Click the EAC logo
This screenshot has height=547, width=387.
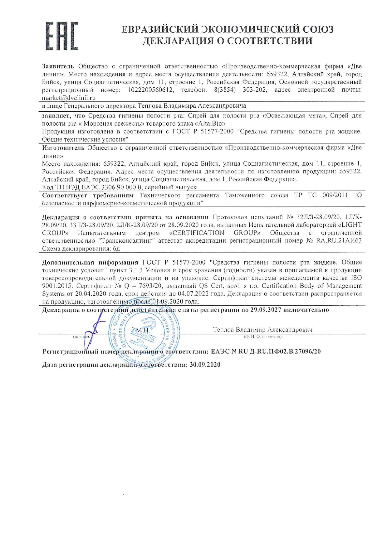pyautogui.click(x=61, y=36)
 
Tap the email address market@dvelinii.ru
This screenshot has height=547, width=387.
pyautogui.click(x=69, y=98)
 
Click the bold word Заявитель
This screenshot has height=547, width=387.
pyautogui.click(x=58, y=66)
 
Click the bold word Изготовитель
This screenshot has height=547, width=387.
pyautogui.click(x=63, y=148)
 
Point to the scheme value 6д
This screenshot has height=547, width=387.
pyautogui.click(x=116, y=249)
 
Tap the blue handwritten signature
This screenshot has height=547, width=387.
pyautogui.click(x=93, y=331)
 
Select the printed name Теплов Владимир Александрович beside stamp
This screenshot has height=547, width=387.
pyautogui.click(x=262, y=330)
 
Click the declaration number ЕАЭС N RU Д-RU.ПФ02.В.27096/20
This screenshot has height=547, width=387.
pyautogui.click(x=266, y=351)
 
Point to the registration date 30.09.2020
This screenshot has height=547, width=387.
pyautogui.click(x=205, y=365)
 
